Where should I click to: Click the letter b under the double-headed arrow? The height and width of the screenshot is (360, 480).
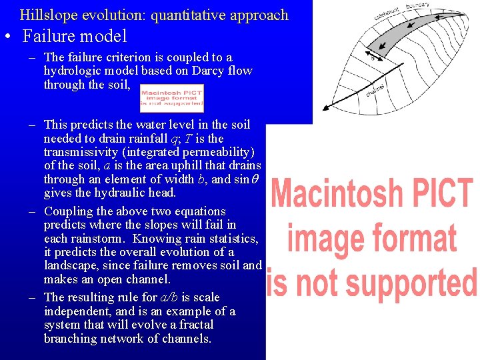[x=373, y=58]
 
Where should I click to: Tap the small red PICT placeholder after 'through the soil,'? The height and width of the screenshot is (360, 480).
[x=171, y=97]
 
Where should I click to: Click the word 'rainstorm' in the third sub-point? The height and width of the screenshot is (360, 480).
[x=99, y=239]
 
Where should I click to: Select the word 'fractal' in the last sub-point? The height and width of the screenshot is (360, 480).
[x=194, y=325]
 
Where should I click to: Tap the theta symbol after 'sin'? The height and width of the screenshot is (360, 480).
[x=256, y=179]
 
